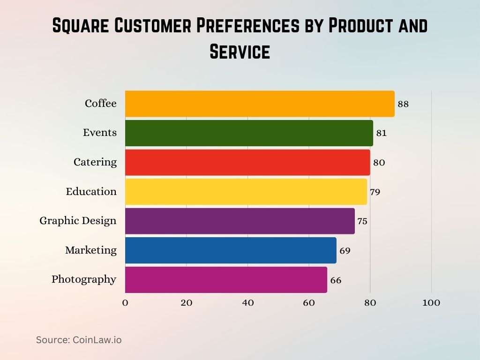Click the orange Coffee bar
260,104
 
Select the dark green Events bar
249,133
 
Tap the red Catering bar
247,162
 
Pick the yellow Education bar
246,192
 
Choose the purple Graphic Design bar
240,221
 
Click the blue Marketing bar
231,250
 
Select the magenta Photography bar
226,279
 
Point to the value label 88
403,104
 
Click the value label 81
382,133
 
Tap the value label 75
362,221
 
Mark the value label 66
336,281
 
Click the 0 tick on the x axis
125,303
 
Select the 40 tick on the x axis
247,303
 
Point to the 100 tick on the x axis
431,303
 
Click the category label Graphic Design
78,221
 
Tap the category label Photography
84,279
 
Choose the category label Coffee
100,104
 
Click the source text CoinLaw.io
97,340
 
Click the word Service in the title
240,51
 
